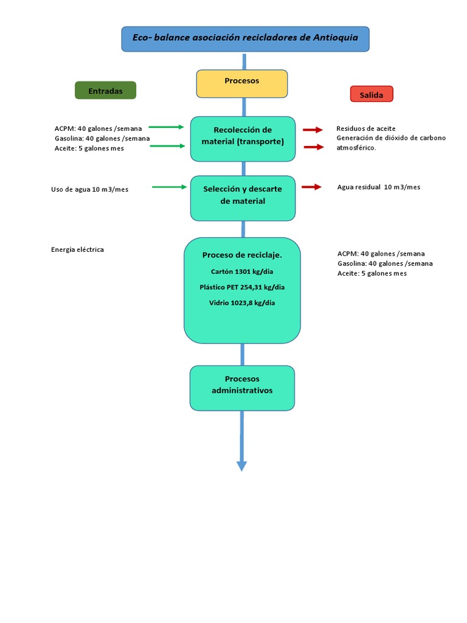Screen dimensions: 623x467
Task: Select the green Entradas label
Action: pos(105,91)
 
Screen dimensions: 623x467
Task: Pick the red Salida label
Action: pos(372,94)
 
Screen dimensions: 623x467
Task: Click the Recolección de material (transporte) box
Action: pos(243,139)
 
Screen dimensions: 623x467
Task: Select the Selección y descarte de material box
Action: pos(243,198)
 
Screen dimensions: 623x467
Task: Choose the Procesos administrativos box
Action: pos(242,388)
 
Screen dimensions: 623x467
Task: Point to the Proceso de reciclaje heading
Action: pos(242,255)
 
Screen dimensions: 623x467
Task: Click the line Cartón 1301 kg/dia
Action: pos(242,272)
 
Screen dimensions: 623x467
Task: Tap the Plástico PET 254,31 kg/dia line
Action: pos(242,287)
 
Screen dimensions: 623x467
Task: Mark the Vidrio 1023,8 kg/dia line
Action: pos(242,302)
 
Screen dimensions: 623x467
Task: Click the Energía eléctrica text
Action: pos(77,249)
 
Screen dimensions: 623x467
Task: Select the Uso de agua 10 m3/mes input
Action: pos(89,189)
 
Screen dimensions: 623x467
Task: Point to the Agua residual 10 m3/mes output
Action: pos(378,187)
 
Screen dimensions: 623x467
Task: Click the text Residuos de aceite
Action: pos(365,129)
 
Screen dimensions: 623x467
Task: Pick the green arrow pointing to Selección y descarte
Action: pos(170,187)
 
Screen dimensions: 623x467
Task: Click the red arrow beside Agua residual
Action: pos(312,187)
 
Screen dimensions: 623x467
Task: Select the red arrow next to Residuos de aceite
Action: pos(313,130)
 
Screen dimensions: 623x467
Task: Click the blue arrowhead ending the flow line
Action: pos(242,465)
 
